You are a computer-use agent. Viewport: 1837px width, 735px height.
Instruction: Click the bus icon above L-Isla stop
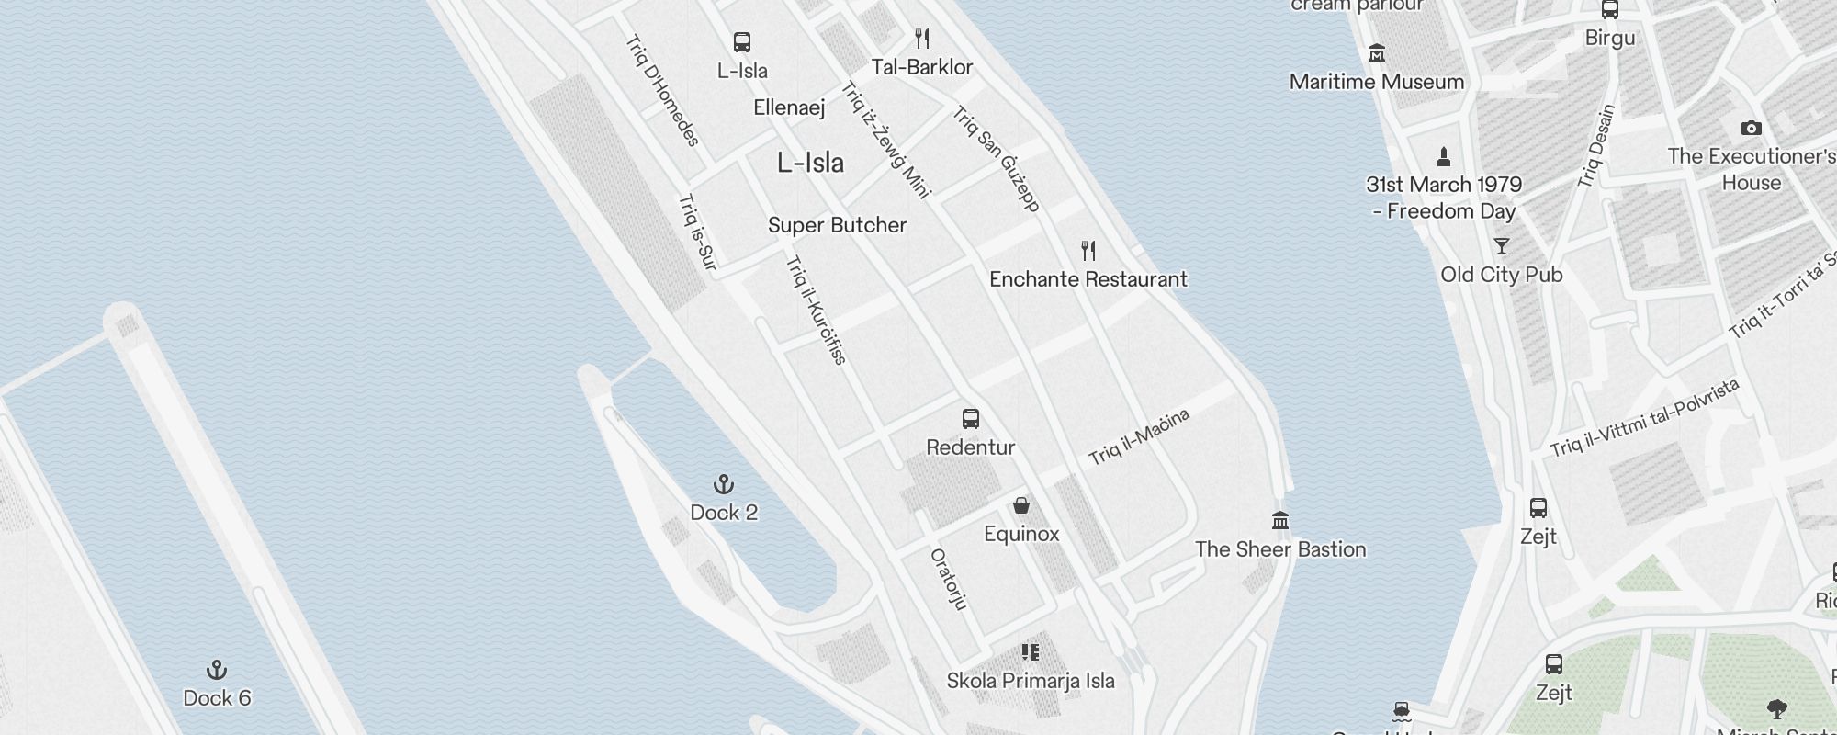click(742, 42)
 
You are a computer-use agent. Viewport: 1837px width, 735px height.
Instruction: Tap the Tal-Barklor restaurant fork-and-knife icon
click(922, 39)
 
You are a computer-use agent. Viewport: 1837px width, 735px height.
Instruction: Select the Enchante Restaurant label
click(1088, 279)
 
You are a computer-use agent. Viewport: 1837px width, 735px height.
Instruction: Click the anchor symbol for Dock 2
click(724, 484)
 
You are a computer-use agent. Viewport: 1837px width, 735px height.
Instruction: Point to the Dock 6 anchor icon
click(217, 670)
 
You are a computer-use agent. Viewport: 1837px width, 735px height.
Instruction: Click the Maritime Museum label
click(1376, 82)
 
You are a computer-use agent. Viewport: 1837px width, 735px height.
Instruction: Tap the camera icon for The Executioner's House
click(1751, 128)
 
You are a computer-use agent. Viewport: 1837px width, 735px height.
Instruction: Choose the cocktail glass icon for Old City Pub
click(1502, 246)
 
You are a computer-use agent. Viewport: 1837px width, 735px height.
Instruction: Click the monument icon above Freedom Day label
click(1444, 156)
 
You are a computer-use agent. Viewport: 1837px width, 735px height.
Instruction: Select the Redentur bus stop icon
click(971, 419)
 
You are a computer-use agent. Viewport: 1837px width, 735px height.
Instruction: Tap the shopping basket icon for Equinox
click(1021, 505)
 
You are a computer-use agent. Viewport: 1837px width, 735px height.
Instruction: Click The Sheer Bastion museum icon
click(1280, 521)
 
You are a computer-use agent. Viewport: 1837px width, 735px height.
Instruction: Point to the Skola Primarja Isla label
click(1031, 681)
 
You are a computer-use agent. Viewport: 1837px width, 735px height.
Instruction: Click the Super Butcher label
click(837, 225)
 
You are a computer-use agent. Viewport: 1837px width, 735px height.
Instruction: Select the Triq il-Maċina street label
click(1139, 436)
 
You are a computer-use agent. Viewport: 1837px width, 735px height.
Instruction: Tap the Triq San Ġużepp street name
click(997, 159)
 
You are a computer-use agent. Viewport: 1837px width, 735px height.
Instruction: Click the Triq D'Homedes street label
click(662, 90)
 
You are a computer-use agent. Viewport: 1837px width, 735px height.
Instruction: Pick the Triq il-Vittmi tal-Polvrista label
click(1644, 418)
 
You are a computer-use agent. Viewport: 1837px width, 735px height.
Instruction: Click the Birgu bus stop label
click(1609, 39)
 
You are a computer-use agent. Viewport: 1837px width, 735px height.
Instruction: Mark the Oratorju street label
click(949, 579)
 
